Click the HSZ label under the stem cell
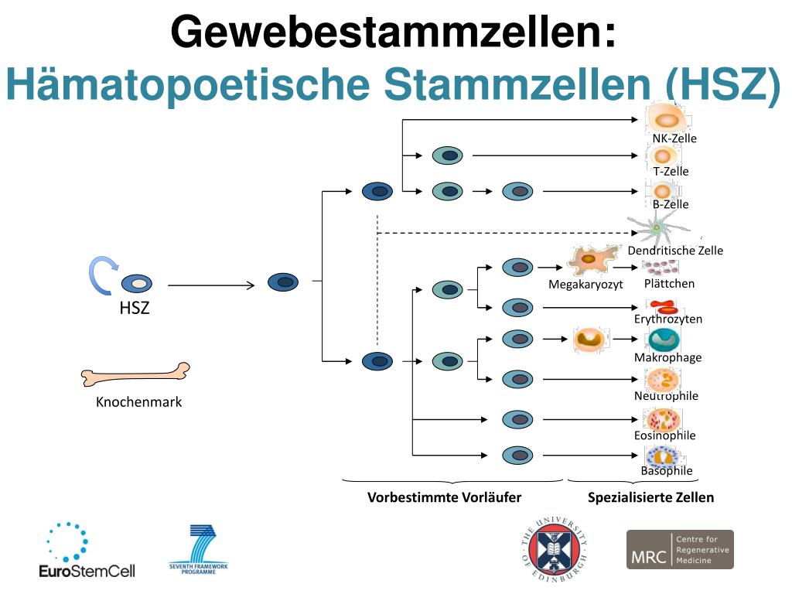point(134,309)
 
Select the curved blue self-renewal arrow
point(101,275)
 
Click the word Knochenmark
point(138,402)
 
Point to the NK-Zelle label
point(674,138)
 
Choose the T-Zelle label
point(671,171)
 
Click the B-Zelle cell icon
point(663,190)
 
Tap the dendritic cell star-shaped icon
point(656,227)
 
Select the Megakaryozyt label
point(585,285)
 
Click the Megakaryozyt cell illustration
point(592,260)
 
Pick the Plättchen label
point(669,283)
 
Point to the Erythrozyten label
point(668,319)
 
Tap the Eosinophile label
point(664,435)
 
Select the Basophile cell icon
point(662,456)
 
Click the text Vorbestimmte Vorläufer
point(444,497)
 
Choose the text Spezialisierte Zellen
point(650,497)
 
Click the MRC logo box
point(679,549)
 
